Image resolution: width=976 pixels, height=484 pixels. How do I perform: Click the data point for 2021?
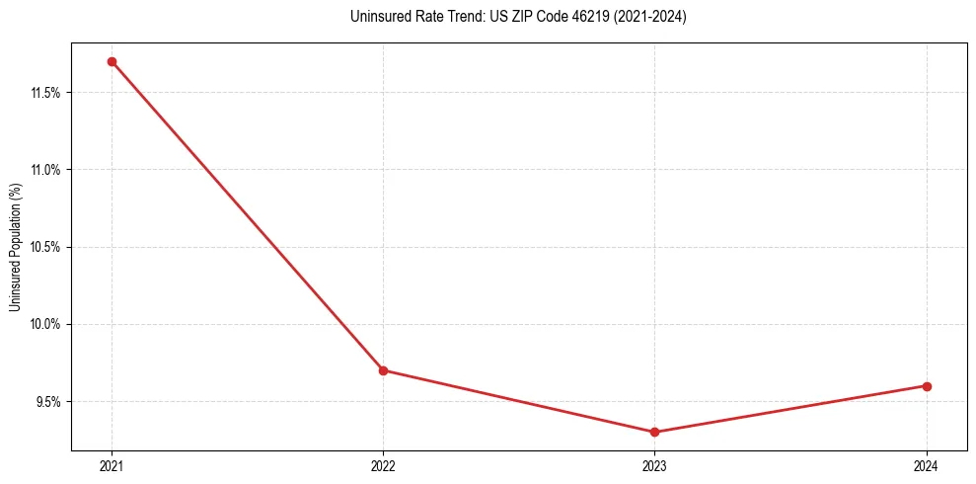click(x=112, y=61)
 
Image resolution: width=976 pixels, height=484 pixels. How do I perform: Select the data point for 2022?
click(x=383, y=370)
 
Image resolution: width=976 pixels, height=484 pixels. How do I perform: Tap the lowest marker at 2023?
click(x=655, y=432)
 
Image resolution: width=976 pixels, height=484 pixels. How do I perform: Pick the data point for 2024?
click(x=927, y=386)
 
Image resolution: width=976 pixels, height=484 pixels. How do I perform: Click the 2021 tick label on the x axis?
click(x=112, y=465)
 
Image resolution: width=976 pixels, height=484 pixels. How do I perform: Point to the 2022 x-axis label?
click(x=383, y=465)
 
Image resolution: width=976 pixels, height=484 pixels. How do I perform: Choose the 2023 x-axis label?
click(x=655, y=465)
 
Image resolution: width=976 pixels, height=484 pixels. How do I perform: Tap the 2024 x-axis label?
click(x=927, y=465)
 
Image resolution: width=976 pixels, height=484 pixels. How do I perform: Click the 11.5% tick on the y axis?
click(x=45, y=93)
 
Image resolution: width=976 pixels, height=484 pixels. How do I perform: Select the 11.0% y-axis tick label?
click(x=45, y=170)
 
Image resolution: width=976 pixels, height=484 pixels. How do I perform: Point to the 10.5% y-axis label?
click(x=45, y=247)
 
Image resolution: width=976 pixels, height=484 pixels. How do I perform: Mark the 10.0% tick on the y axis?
click(x=45, y=324)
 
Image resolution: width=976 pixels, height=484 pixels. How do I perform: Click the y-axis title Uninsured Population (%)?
click(x=14, y=247)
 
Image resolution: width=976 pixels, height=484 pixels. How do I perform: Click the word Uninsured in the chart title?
click(x=377, y=17)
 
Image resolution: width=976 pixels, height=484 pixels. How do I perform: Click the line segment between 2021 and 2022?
click(x=247, y=215)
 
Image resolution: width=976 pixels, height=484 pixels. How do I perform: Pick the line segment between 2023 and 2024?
click(x=790, y=409)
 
